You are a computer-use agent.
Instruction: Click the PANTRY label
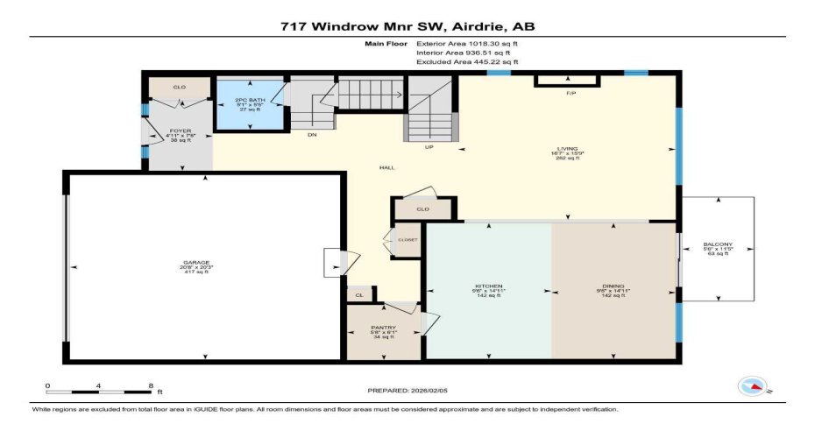click(383, 328)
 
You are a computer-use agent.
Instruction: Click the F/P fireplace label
click(570, 93)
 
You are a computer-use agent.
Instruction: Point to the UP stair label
click(429, 147)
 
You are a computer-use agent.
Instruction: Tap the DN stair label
click(311, 135)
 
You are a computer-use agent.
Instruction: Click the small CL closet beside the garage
click(358, 295)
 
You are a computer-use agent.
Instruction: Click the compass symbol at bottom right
click(752, 385)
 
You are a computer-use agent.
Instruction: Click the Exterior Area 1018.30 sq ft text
click(467, 42)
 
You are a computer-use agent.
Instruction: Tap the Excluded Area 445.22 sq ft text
click(467, 62)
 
